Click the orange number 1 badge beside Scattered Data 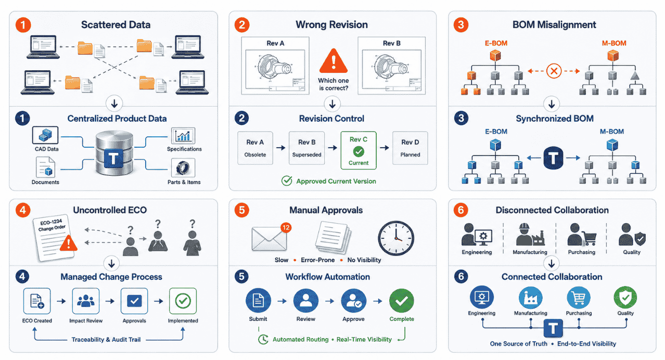23,24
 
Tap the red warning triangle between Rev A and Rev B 334,61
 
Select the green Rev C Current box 359,150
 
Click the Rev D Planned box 410,148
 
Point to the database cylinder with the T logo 114,153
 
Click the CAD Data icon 45,135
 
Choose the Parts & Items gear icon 183,168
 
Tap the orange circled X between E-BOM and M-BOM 554,71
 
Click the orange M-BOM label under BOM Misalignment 614,43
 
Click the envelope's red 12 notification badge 286,228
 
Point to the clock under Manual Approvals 396,238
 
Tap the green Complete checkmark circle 401,301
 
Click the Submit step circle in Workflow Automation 258,301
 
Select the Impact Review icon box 86,301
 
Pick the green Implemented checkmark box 183,301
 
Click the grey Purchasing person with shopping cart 581,235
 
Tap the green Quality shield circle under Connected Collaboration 625,298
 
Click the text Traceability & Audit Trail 106,340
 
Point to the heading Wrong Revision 331,24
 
